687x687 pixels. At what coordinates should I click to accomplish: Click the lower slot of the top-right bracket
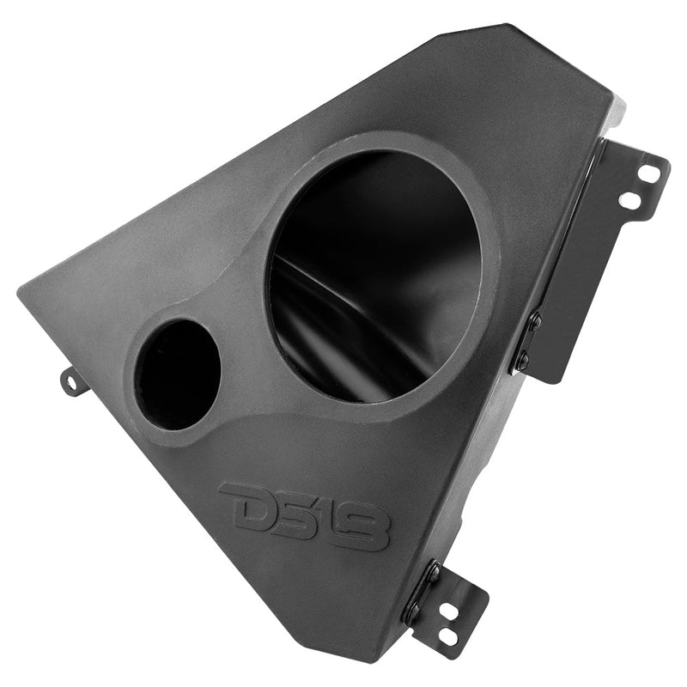click(629, 201)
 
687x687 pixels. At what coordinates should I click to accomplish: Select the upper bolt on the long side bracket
click(535, 321)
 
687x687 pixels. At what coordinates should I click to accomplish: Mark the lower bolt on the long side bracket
click(521, 360)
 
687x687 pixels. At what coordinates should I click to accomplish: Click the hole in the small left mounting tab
click(73, 380)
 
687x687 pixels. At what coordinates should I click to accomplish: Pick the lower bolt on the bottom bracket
click(414, 611)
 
